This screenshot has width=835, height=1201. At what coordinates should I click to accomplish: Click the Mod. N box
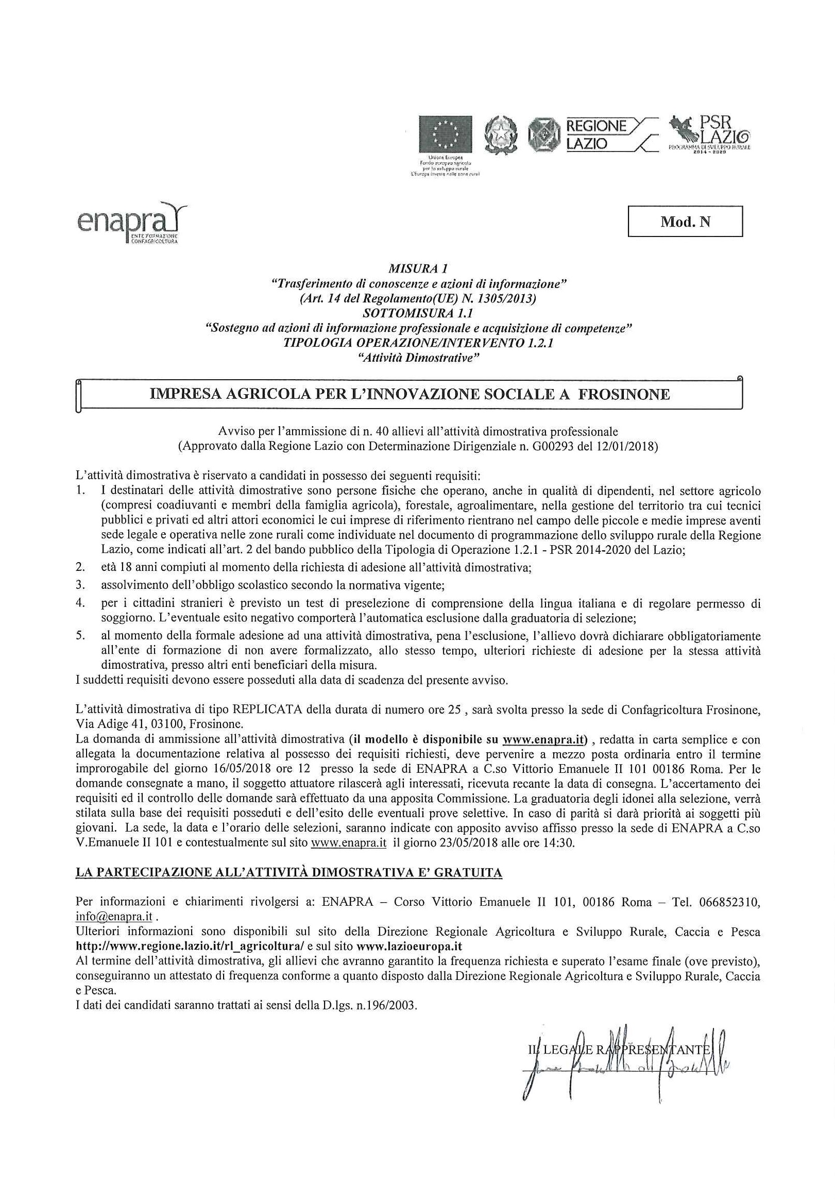pos(685,222)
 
